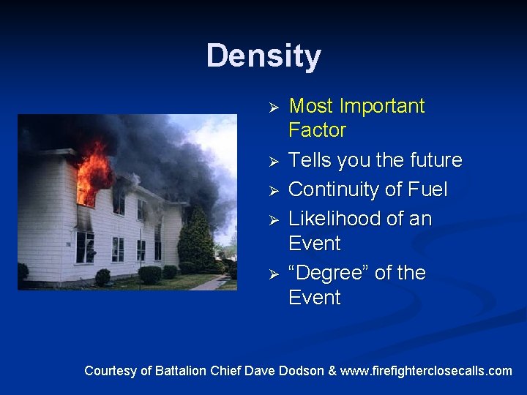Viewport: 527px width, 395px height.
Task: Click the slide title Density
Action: [263, 56]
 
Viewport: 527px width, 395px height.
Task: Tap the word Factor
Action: [317, 131]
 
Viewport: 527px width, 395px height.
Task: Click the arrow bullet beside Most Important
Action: [272, 108]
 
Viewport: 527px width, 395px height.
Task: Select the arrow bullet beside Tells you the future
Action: [272, 161]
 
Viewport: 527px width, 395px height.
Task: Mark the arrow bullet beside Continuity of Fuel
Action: [272, 191]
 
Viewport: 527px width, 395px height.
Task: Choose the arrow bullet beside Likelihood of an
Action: [272, 220]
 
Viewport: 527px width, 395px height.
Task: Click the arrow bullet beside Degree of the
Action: [272, 274]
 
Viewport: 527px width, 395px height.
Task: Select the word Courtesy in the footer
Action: [110, 371]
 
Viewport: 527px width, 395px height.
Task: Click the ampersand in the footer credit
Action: [333, 371]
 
